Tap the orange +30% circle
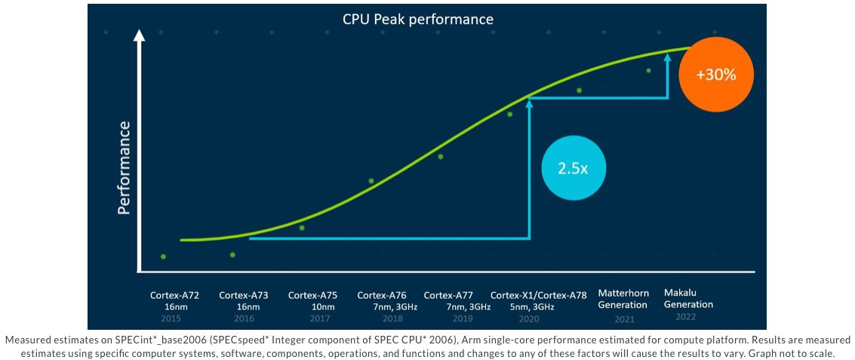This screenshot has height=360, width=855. [715, 75]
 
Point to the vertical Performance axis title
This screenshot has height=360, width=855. [125, 167]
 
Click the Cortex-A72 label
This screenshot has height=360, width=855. [174, 295]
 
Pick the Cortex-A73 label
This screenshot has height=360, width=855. [244, 295]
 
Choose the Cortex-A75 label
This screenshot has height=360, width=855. [312, 295]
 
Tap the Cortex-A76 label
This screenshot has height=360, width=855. [382, 295]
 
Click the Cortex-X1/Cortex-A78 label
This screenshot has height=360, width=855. [538, 295]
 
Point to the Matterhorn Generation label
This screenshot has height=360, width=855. [623, 298]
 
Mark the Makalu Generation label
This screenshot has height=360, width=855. [688, 298]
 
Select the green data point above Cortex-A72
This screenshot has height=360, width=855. [163, 257]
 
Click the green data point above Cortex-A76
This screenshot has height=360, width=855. [371, 181]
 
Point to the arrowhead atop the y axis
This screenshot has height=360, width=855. [139, 35]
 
